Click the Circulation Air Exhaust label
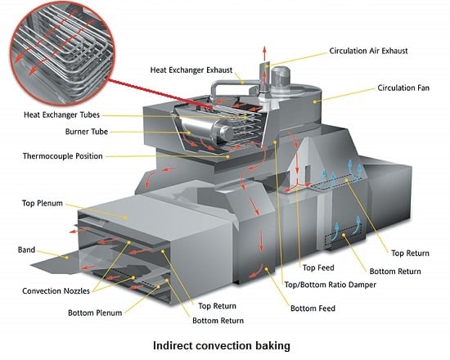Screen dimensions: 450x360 368,51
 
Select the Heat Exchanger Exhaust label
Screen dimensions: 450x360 191,70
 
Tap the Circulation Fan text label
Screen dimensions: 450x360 403,88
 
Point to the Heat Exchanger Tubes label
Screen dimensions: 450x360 61,115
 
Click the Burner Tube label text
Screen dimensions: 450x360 87,132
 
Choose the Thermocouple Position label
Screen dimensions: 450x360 62,156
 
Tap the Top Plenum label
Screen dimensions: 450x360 43,203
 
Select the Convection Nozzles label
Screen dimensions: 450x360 56,291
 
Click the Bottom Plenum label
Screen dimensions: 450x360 95,313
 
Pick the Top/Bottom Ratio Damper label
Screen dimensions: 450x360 330,285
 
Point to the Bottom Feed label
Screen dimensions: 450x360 313,308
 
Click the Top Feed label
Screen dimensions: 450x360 318,268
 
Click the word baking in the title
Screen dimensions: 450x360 271,345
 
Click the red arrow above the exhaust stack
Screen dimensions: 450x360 264,52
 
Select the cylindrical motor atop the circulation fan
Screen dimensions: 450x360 280,76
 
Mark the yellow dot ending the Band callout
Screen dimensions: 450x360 67,258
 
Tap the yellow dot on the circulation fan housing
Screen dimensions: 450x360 315,101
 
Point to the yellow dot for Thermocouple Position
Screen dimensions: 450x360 227,157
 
